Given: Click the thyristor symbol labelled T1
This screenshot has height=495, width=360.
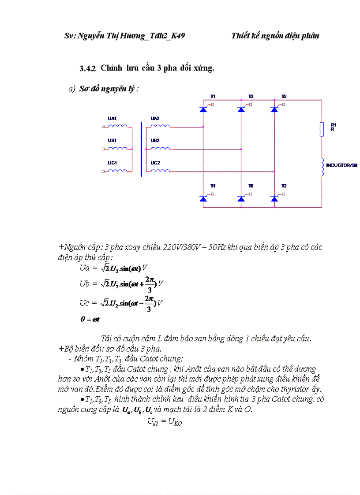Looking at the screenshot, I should point(203,109).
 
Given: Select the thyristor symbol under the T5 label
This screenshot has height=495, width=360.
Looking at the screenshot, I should point(274,109).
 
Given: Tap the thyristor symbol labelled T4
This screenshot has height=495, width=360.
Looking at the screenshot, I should point(203,199).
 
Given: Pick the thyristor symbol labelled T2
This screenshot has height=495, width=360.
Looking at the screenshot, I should point(274,199).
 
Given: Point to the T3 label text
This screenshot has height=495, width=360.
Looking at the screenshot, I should point(251,96).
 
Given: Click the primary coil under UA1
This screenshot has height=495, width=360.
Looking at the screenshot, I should point(117,126).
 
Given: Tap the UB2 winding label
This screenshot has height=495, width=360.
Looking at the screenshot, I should point(155,140).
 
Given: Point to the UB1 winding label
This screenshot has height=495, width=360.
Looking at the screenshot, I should point(112,140).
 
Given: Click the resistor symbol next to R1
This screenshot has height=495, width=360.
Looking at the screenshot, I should point(322,130).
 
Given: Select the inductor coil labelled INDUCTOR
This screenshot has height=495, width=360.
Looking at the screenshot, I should point(322,167).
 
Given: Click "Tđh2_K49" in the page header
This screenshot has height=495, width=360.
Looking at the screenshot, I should point(167,36).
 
